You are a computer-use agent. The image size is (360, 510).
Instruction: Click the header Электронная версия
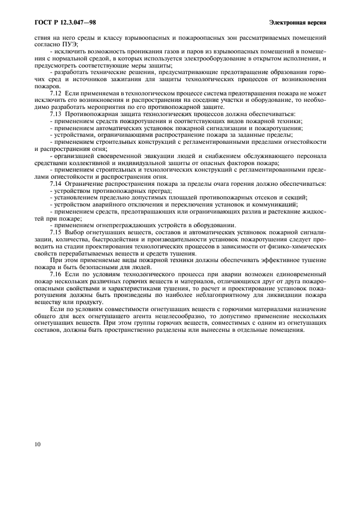(298, 22)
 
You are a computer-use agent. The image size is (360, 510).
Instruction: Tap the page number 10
(37, 444)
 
